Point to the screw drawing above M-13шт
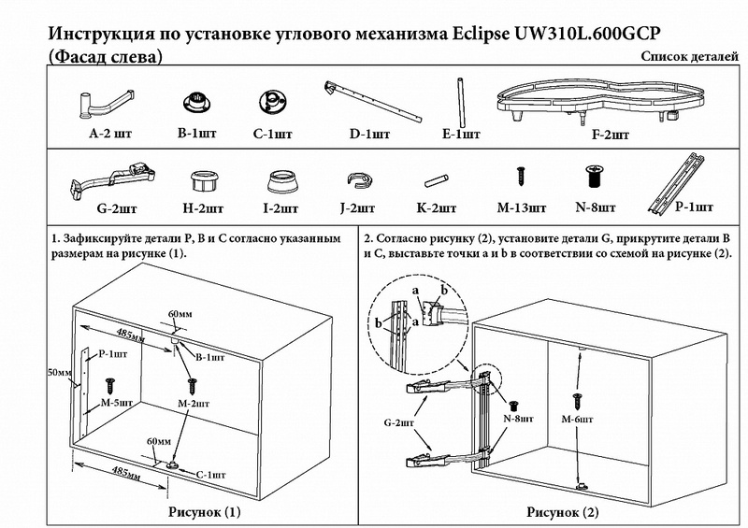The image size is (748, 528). [x=517, y=176]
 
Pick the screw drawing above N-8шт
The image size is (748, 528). [x=593, y=175]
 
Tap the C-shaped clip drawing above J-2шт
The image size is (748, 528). [x=356, y=179]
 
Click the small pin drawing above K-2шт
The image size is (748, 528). [x=437, y=178]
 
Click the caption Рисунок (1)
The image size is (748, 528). [x=204, y=511]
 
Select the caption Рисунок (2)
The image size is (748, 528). [x=563, y=512]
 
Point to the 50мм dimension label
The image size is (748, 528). [x=60, y=373]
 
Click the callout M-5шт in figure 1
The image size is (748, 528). [x=113, y=404]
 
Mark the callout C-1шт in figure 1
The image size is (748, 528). [x=210, y=475]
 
